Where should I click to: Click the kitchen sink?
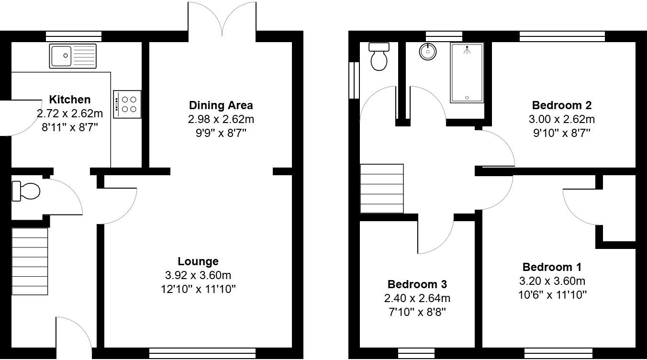click(x=73, y=56)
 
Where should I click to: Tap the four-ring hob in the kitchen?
click(x=127, y=104)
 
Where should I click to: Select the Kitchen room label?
click(x=70, y=100)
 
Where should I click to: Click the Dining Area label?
click(x=221, y=105)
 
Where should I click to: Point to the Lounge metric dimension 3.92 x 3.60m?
click(x=198, y=275)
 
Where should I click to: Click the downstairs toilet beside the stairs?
click(x=26, y=191)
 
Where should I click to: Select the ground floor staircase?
click(x=30, y=261)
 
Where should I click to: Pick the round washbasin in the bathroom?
click(x=427, y=52)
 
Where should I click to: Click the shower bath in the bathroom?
click(x=467, y=72)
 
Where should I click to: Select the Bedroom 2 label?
click(x=562, y=105)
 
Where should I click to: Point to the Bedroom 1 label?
click(x=552, y=267)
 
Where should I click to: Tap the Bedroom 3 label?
click(x=417, y=284)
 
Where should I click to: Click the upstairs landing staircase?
click(x=382, y=188)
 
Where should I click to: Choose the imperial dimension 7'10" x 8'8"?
click(x=417, y=312)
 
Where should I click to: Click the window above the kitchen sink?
click(x=74, y=36)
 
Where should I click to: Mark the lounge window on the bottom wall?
click(x=202, y=354)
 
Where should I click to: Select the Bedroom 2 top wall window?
click(x=562, y=36)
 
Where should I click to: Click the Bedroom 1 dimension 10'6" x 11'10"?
click(x=552, y=294)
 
